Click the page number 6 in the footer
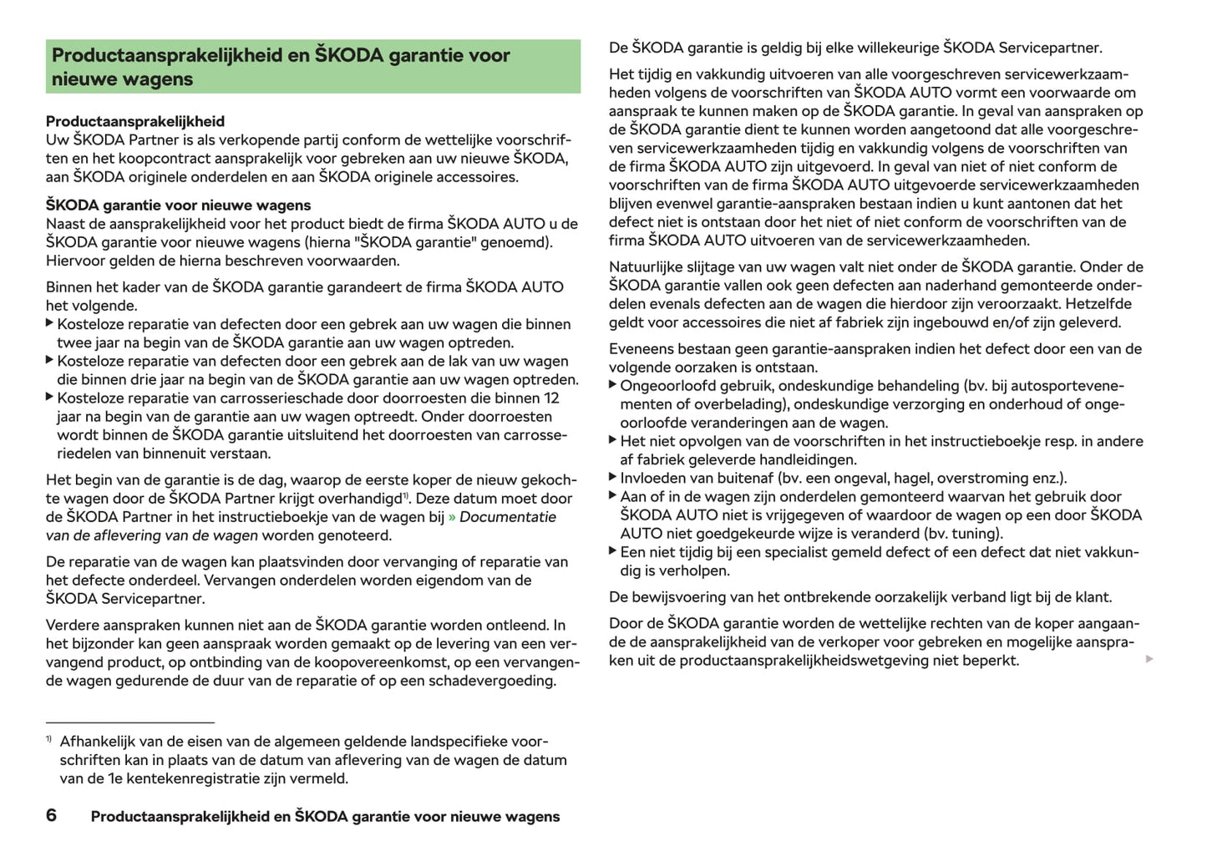[x=51, y=815]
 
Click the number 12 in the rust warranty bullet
[x=551, y=398]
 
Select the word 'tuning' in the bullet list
[x=974, y=534]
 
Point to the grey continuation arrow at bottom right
[x=1149, y=660]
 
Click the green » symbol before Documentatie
[x=452, y=517]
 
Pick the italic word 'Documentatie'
[x=508, y=517]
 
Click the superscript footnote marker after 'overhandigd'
[x=406, y=496]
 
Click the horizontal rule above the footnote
[x=130, y=722]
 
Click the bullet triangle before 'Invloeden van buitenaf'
[x=613, y=478]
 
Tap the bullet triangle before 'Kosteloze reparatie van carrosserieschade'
[x=50, y=398]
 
